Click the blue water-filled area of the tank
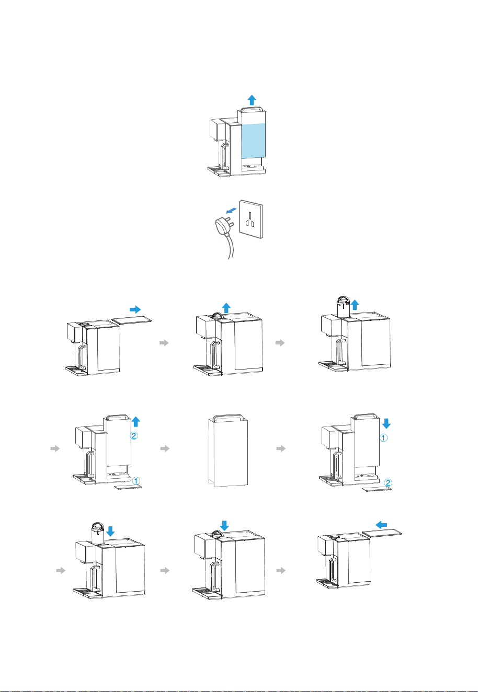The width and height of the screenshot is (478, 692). click(x=253, y=141)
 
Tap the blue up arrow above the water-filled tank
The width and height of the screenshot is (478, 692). click(x=252, y=100)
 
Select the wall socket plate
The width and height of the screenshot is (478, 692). click(x=251, y=218)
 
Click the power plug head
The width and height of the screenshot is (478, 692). click(x=223, y=225)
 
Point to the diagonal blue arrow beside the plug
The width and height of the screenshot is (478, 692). click(x=231, y=211)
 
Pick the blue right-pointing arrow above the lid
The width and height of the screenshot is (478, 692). click(x=135, y=309)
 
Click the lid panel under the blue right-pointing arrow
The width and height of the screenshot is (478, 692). click(x=131, y=319)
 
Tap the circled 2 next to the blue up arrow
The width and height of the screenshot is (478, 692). click(x=133, y=435)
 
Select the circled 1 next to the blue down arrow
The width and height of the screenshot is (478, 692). click(x=383, y=438)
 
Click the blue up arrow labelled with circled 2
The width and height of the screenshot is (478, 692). click(x=136, y=422)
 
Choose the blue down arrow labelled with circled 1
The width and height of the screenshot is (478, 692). click(x=386, y=423)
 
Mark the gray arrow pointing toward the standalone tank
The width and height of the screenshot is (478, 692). click(x=165, y=448)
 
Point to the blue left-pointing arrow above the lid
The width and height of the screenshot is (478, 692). click(x=381, y=525)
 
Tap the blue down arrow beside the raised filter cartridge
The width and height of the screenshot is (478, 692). click(x=110, y=532)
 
